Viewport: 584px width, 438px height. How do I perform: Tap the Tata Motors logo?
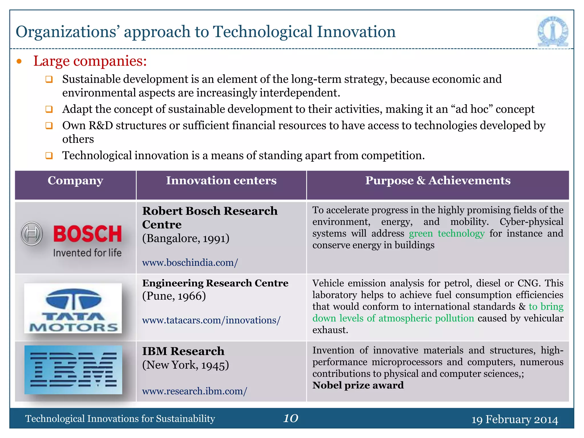[73, 308]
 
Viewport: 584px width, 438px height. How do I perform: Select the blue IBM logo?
[73, 370]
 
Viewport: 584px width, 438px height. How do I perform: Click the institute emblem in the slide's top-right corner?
[553, 31]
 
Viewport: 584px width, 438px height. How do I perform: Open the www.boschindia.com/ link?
[190, 263]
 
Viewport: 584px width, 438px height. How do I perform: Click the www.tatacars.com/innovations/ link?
[211, 320]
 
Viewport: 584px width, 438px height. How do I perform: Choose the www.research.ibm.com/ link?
[194, 391]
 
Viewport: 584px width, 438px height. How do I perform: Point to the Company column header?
[75, 181]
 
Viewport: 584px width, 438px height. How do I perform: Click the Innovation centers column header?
[221, 181]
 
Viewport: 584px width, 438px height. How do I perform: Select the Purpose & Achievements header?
[438, 181]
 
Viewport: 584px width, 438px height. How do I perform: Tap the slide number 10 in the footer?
[291, 418]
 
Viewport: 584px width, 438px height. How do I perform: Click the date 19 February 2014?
[514, 419]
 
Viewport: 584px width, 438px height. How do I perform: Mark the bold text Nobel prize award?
[358, 385]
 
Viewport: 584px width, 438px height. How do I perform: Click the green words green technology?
[447, 234]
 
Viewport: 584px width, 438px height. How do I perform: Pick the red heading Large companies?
[90, 61]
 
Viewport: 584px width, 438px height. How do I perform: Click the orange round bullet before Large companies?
[19, 61]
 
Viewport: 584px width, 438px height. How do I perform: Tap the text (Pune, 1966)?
[174, 296]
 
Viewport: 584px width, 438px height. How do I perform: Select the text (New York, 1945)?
[186, 365]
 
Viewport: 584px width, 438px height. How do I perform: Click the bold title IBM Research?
[183, 351]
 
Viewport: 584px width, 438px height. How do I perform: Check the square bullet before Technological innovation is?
[49, 156]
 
